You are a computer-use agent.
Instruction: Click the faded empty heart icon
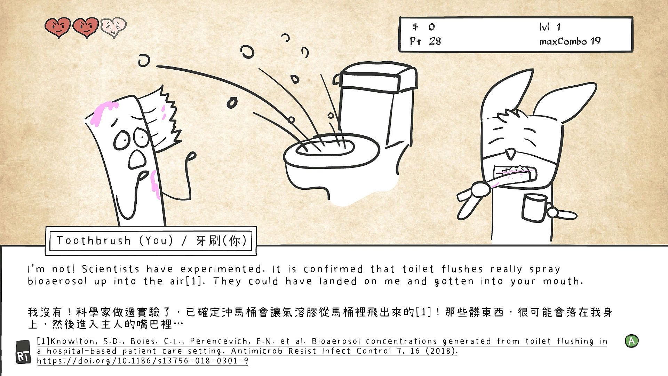point(113,28)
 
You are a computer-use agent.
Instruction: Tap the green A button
point(631,341)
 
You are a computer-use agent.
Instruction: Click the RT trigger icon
point(23,352)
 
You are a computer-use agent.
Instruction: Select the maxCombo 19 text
point(570,41)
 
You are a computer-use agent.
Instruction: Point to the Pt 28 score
point(426,41)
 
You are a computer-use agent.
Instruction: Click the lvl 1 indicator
point(550,26)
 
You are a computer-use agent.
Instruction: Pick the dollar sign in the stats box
point(415,26)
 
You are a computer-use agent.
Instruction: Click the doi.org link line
point(143,361)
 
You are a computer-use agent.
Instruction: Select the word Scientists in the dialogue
point(111,269)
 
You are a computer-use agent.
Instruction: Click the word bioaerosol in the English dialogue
point(57,281)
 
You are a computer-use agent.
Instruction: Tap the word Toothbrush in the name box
point(94,241)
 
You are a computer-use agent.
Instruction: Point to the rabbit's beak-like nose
point(511,152)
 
